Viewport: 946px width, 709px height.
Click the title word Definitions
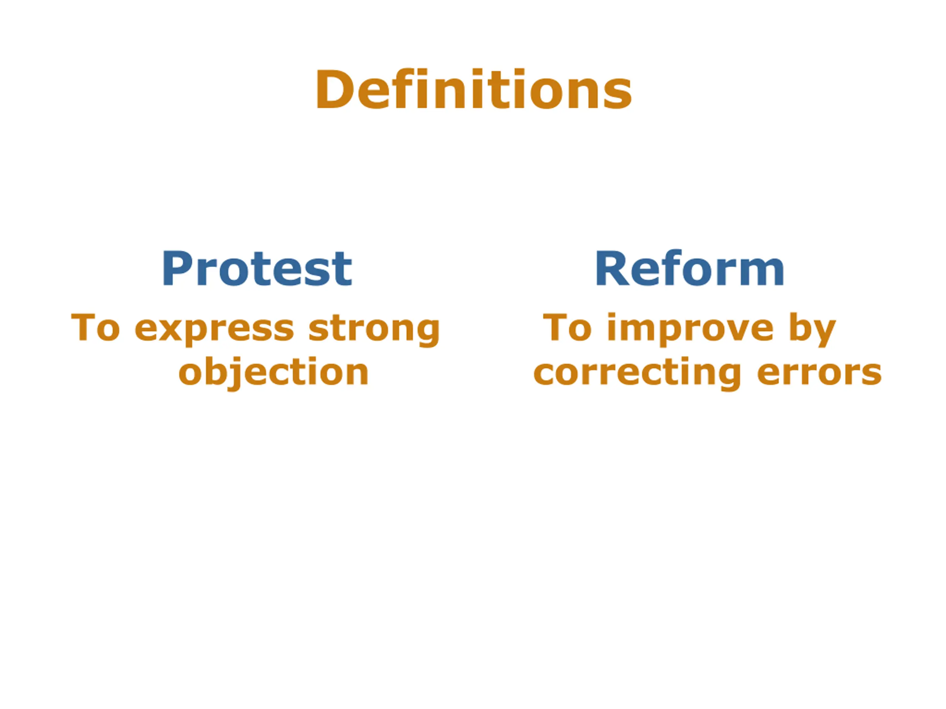pyautogui.click(x=473, y=89)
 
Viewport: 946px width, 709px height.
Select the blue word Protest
pyautogui.click(x=257, y=269)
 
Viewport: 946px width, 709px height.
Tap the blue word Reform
pyautogui.click(x=690, y=269)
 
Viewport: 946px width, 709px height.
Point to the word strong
pyautogui.click(x=374, y=329)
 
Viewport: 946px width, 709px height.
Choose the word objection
pyautogui.click(x=274, y=371)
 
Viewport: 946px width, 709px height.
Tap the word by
pyautogui.click(x=812, y=329)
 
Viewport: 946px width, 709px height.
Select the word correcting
pyautogui.click(x=637, y=372)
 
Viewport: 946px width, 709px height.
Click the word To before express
pyautogui.click(x=95, y=328)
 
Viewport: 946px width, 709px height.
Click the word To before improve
pyautogui.click(x=568, y=328)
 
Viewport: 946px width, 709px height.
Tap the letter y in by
pyautogui.click(x=823, y=334)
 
